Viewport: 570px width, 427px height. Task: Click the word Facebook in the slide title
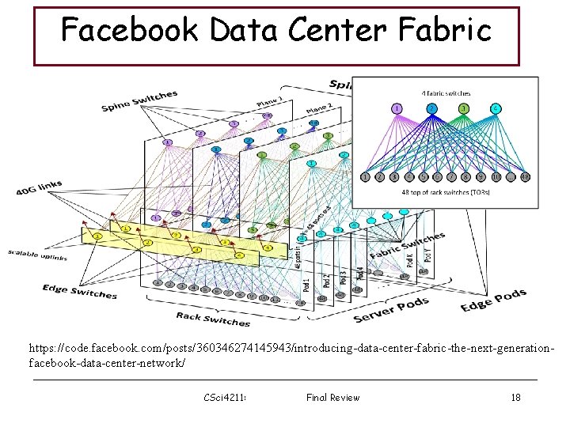131,31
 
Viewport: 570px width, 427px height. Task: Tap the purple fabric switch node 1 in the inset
397,108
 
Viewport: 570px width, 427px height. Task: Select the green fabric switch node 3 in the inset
464,108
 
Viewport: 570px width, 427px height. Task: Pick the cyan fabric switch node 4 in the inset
496,108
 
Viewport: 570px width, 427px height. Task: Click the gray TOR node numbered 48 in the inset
525,176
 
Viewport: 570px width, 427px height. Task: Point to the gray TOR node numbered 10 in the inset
496,176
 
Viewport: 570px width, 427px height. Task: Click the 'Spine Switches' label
139,101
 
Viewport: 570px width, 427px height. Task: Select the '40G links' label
39,188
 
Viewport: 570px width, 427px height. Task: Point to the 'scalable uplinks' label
37,255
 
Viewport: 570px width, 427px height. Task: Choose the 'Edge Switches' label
80,290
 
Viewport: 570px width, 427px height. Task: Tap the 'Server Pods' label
391,310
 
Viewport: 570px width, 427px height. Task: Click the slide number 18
515,397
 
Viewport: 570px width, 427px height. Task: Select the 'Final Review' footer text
332,397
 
